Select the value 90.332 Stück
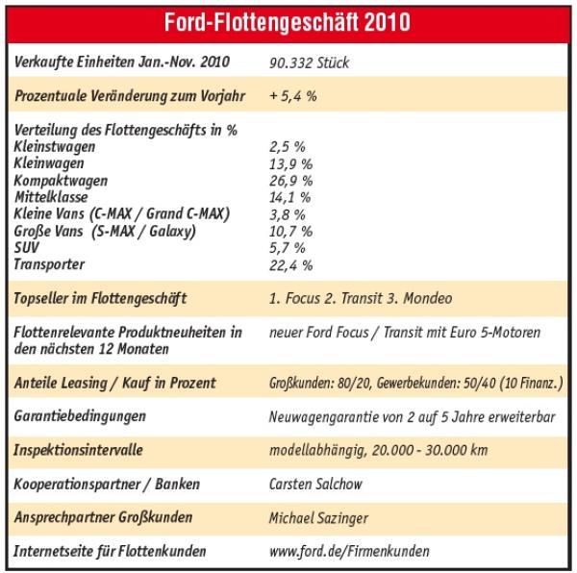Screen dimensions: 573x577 (x=311, y=63)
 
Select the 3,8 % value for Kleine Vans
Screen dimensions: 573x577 (x=287, y=214)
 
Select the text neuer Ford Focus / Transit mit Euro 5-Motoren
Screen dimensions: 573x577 (x=404, y=333)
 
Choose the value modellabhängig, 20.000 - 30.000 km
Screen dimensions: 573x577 (x=392, y=450)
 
